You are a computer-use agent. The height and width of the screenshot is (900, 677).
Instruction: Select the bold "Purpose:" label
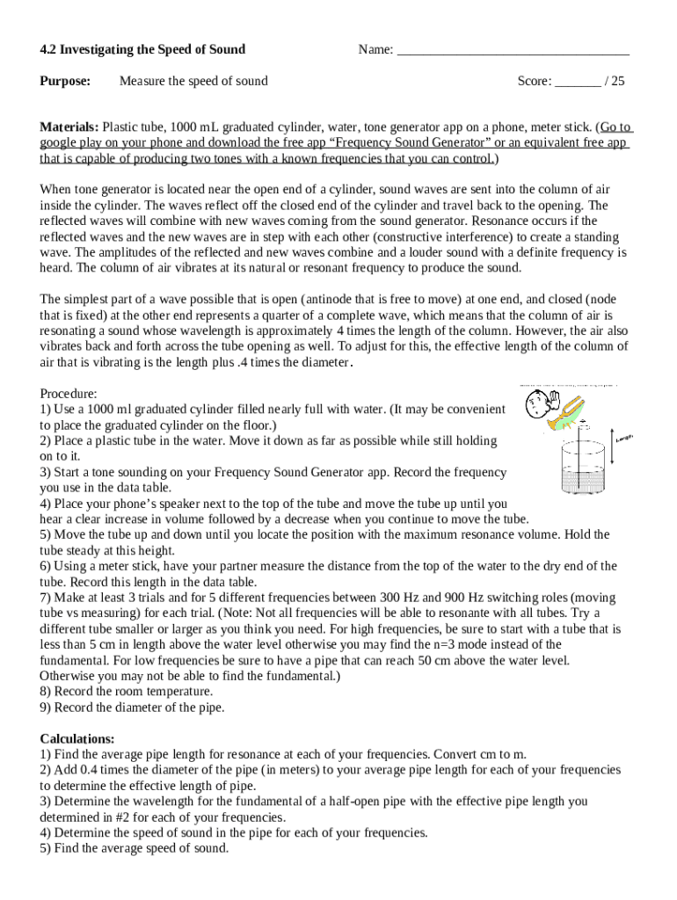(x=66, y=82)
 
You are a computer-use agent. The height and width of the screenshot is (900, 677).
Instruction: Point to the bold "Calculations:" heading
(x=77, y=739)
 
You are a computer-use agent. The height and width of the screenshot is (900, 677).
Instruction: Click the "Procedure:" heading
(x=69, y=393)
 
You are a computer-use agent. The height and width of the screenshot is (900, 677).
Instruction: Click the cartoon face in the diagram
(x=535, y=405)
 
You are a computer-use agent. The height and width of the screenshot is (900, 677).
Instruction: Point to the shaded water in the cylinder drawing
(x=581, y=480)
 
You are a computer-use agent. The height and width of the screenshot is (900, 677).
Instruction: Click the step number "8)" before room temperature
(x=46, y=692)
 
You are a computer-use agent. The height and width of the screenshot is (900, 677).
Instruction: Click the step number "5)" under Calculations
(x=46, y=849)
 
